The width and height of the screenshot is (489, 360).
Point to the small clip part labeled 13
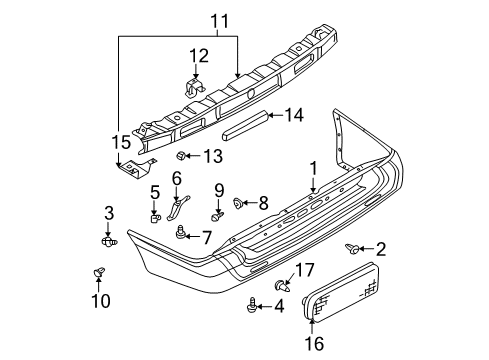coord(182,156)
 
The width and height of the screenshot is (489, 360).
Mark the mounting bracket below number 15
coord(133,171)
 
